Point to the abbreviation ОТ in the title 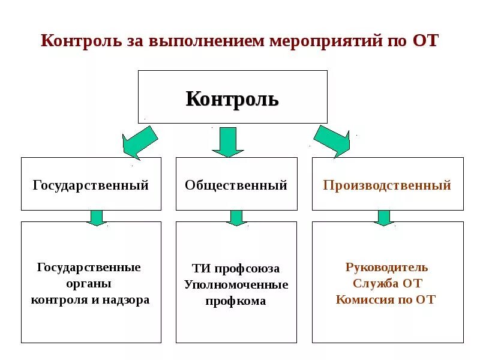coord(425,41)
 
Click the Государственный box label coord(91,185)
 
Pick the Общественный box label coord(236,185)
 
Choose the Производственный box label coord(387,185)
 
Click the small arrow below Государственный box coord(96,217)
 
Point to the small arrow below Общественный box coord(236,217)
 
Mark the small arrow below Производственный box coord(384,217)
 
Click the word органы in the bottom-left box coord(90,283)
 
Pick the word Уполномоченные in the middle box coord(236,284)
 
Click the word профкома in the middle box coord(236,301)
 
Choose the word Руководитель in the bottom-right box coord(387,267)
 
